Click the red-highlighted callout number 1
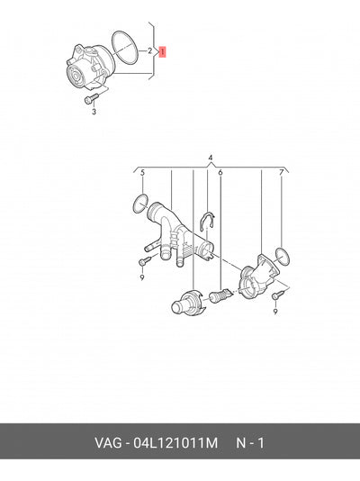(x=162, y=51)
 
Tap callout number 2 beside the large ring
(x=149, y=50)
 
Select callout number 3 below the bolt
(x=94, y=112)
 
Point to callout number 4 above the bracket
(x=211, y=158)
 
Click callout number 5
(x=142, y=173)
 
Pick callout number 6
(x=220, y=173)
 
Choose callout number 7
(x=282, y=173)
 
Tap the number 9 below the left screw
(x=142, y=278)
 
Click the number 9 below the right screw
(x=274, y=312)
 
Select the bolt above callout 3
(x=91, y=98)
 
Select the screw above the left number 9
(x=145, y=261)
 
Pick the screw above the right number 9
(x=278, y=295)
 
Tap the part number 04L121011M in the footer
(x=175, y=443)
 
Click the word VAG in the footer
(x=108, y=443)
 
